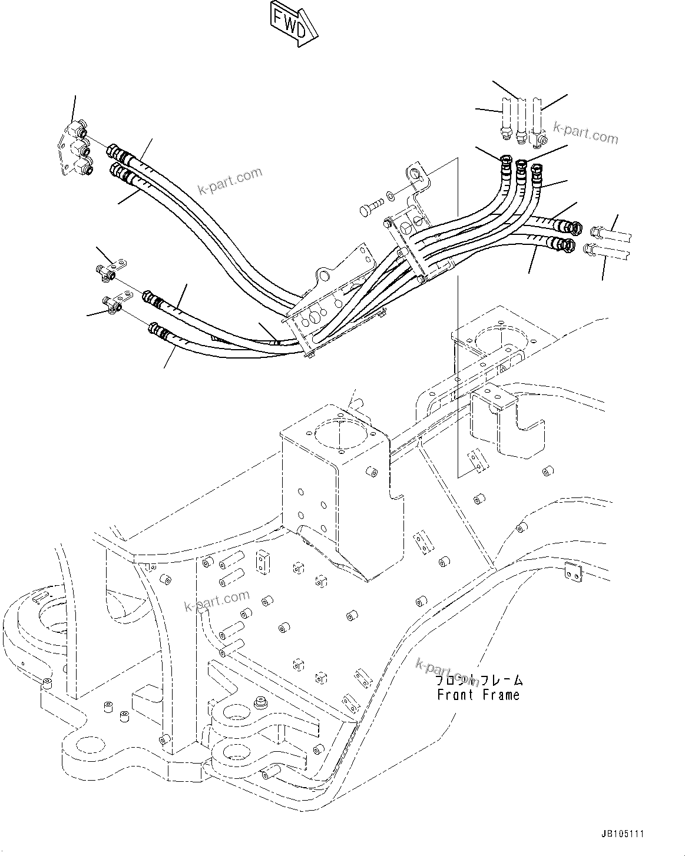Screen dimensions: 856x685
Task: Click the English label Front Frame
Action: coord(478,695)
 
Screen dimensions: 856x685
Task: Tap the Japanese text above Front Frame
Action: coord(478,681)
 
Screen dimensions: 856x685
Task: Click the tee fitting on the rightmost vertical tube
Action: coord(539,140)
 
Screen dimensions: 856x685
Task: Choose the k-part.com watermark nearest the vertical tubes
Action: coord(585,133)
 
